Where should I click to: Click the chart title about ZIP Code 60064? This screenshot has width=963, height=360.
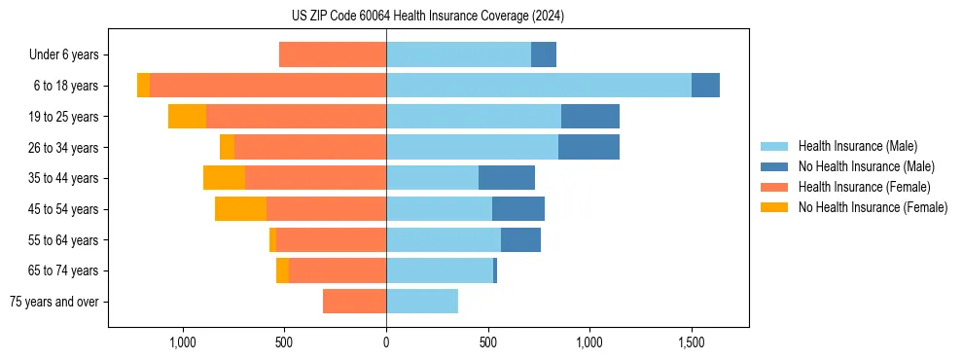[x=428, y=17]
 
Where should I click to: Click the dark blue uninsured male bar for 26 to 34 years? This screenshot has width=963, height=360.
[x=588, y=147]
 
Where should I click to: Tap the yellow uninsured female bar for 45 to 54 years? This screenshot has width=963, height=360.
[x=240, y=209]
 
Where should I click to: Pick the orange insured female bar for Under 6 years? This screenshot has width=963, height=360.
[x=333, y=54]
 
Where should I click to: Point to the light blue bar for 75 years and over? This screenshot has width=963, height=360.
[x=422, y=302]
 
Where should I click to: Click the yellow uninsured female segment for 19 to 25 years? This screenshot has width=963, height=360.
[x=187, y=117]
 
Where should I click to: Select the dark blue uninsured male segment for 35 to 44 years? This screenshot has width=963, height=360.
[x=507, y=178]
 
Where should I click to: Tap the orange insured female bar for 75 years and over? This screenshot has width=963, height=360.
[x=354, y=302]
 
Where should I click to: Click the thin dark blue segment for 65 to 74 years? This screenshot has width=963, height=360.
[x=495, y=270]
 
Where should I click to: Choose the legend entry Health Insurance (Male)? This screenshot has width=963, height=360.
[x=857, y=146]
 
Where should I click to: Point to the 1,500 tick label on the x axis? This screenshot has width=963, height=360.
[x=692, y=342]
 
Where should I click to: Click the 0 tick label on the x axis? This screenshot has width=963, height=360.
[x=386, y=342]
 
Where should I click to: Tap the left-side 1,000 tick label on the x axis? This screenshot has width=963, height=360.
[x=183, y=342]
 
